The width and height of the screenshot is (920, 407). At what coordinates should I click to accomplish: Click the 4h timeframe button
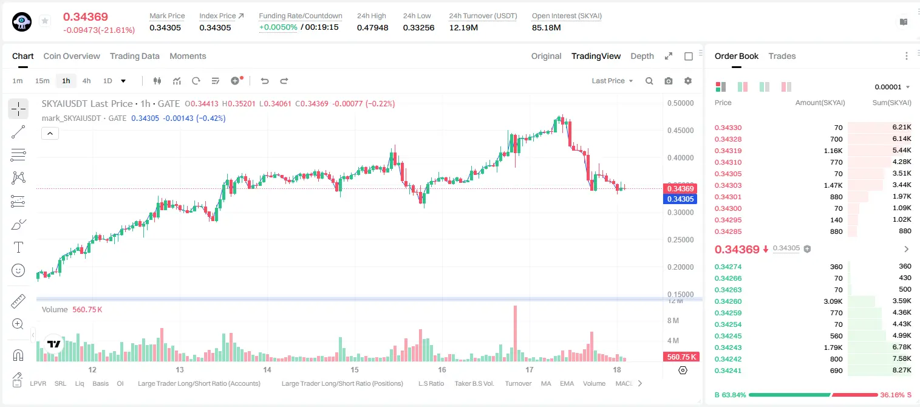click(86, 81)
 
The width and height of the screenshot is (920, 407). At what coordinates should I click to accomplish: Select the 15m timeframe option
click(43, 81)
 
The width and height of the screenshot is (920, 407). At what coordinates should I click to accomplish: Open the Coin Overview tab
click(72, 56)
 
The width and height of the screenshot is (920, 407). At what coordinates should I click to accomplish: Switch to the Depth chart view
click(642, 56)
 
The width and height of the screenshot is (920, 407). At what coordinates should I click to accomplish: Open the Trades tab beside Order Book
click(782, 56)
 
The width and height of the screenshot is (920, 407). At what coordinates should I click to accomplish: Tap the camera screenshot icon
click(669, 81)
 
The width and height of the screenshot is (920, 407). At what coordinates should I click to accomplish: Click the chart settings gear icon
click(688, 81)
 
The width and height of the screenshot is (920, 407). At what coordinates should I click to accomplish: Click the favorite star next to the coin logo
click(45, 21)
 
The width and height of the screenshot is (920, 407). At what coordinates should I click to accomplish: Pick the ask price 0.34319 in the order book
click(727, 151)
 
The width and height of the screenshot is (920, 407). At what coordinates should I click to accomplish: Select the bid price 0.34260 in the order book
click(727, 301)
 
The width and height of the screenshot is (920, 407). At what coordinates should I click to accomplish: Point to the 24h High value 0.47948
click(372, 27)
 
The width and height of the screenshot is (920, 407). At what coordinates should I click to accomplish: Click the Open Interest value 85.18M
click(547, 27)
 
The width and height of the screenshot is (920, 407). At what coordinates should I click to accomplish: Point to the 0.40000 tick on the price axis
click(680, 158)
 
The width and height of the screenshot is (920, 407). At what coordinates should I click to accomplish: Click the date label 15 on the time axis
click(355, 369)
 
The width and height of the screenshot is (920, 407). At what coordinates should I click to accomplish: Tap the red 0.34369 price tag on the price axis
click(680, 188)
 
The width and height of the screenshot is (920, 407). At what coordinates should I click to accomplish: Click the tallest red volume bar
click(515, 333)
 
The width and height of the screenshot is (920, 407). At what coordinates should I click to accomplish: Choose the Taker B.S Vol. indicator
click(474, 383)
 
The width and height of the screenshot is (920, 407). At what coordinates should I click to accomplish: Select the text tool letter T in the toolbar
click(18, 247)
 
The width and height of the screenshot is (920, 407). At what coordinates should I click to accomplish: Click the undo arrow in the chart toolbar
click(265, 81)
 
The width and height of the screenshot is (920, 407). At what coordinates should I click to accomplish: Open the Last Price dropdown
click(612, 81)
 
